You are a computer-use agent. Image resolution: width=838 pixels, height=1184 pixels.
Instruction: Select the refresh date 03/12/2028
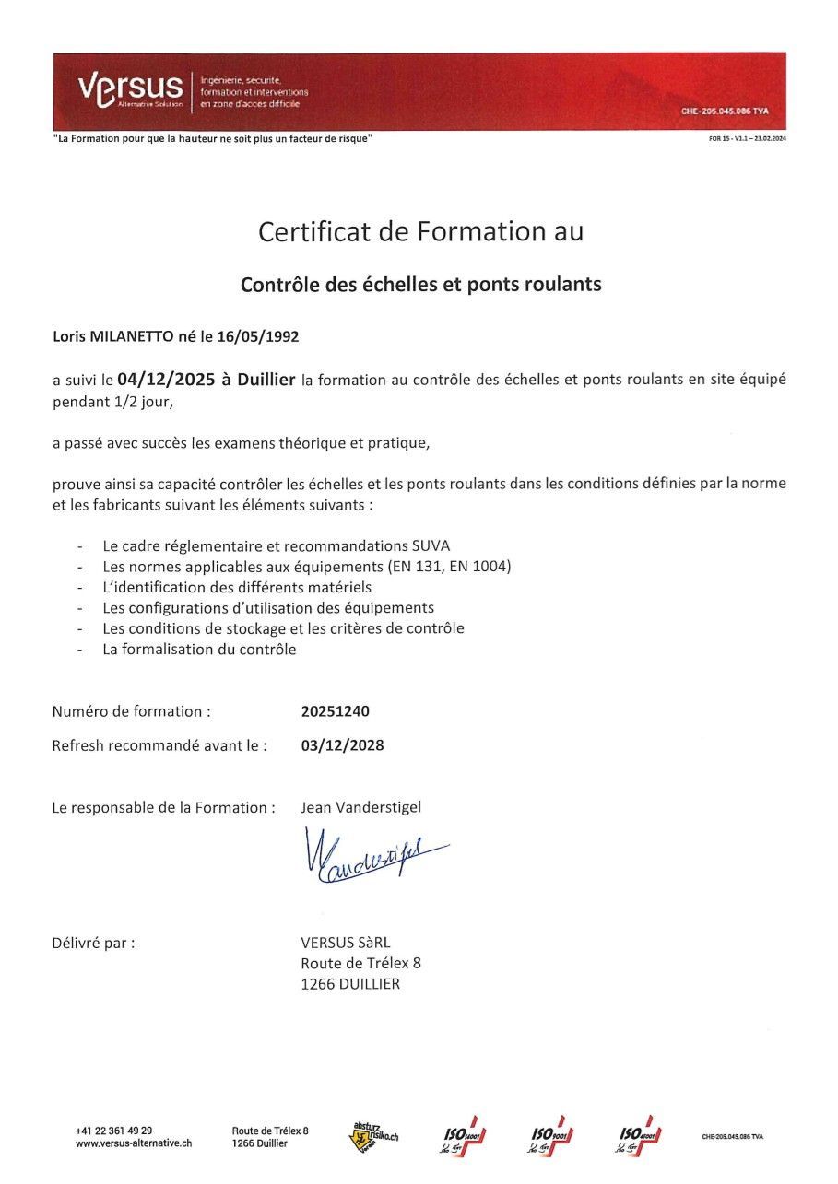[342, 745]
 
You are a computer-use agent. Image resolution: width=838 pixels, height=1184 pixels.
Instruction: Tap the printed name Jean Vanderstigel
[360, 807]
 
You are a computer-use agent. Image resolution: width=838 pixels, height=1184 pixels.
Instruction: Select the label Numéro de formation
[131, 711]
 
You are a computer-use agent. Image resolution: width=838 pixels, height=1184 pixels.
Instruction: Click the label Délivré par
[93, 943]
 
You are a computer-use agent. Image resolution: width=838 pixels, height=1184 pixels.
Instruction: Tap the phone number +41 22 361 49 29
[113, 1131]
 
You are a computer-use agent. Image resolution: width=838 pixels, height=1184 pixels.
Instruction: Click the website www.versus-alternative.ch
[134, 1143]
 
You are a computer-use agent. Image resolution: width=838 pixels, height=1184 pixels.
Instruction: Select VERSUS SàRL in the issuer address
[346, 943]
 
